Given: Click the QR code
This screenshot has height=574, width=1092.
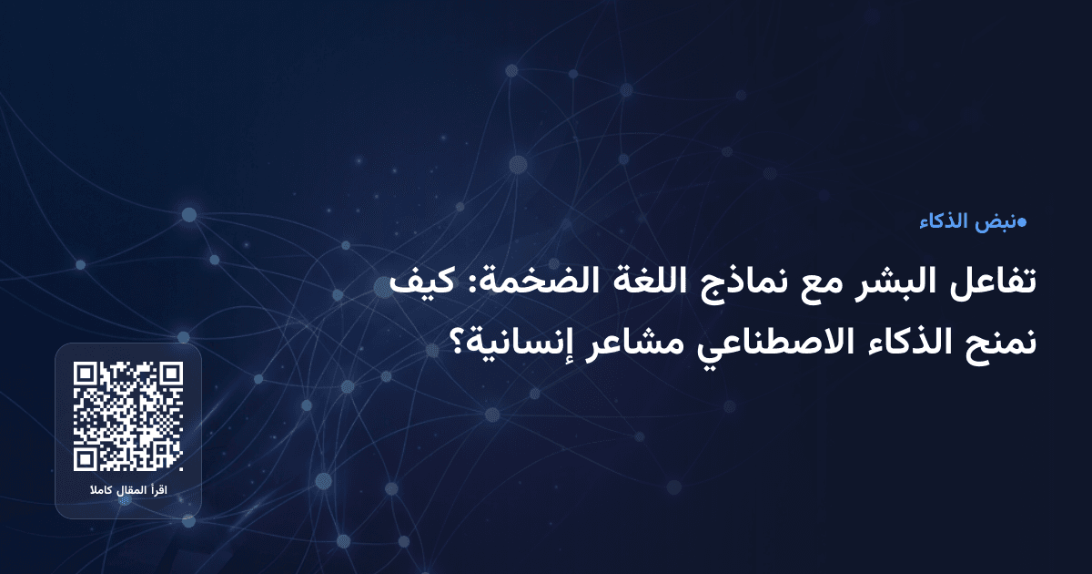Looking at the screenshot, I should tap(128, 416).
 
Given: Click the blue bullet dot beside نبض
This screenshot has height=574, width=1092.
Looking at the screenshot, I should tap(1022, 222).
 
